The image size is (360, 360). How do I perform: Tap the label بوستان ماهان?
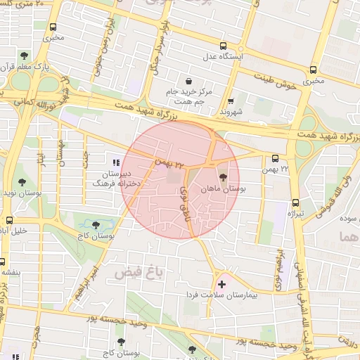pyautogui.click(x=221, y=189)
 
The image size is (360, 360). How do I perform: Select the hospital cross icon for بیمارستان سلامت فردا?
pyautogui.click(x=223, y=284)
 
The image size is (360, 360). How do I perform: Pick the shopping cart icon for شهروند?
pyautogui.click(x=231, y=101)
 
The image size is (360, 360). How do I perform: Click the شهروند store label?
pyautogui.click(x=231, y=112)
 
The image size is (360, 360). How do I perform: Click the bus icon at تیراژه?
pyautogui.click(x=295, y=202)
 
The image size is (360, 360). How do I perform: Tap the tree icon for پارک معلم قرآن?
pyautogui.click(x=24, y=55)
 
